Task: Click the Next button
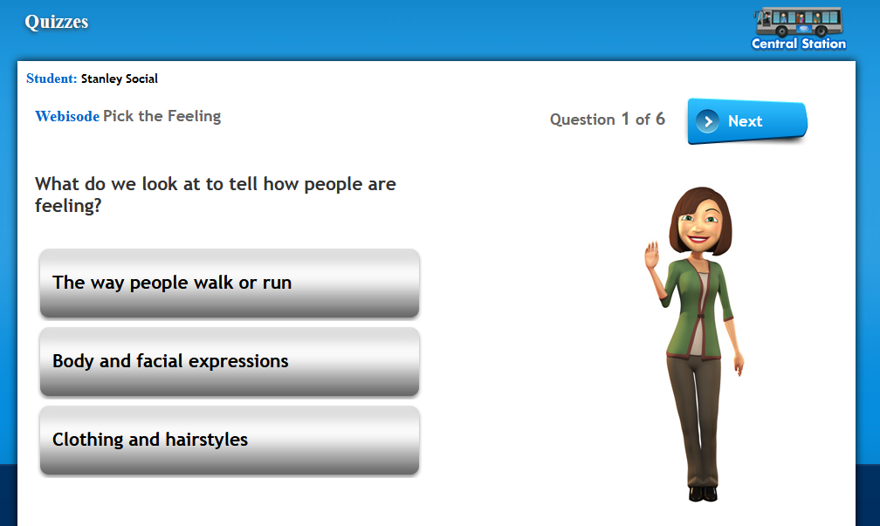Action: pos(747,121)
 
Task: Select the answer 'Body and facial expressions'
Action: pos(230,362)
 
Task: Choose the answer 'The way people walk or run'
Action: pos(230,283)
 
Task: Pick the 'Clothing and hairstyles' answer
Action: pos(230,441)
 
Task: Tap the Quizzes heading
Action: pos(57,21)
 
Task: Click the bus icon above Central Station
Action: pos(799,22)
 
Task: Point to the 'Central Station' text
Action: pos(799,44)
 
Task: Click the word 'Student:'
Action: pos(52,79)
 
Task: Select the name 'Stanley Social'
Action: pos(120,79)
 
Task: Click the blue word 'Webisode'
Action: pos(67,116)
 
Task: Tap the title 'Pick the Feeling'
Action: pos(162,116)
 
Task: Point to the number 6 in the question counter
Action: pos(661,119)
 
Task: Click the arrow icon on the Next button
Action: pos(708,121)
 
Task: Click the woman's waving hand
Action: pos(651,255)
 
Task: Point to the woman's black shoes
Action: pos(703,494)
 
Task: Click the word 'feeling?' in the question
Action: pos(68,206)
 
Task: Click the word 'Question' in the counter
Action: pos(582,120)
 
